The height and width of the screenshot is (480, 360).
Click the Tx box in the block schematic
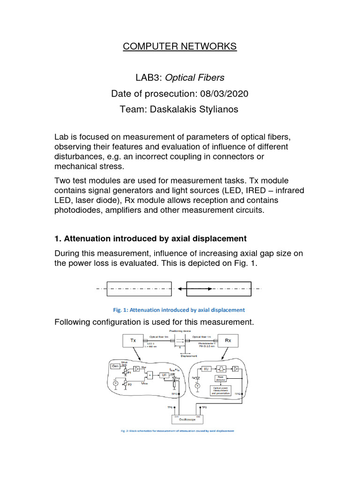click(x=133, y=341)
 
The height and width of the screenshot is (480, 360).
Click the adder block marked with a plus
click(x=149, y=375)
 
